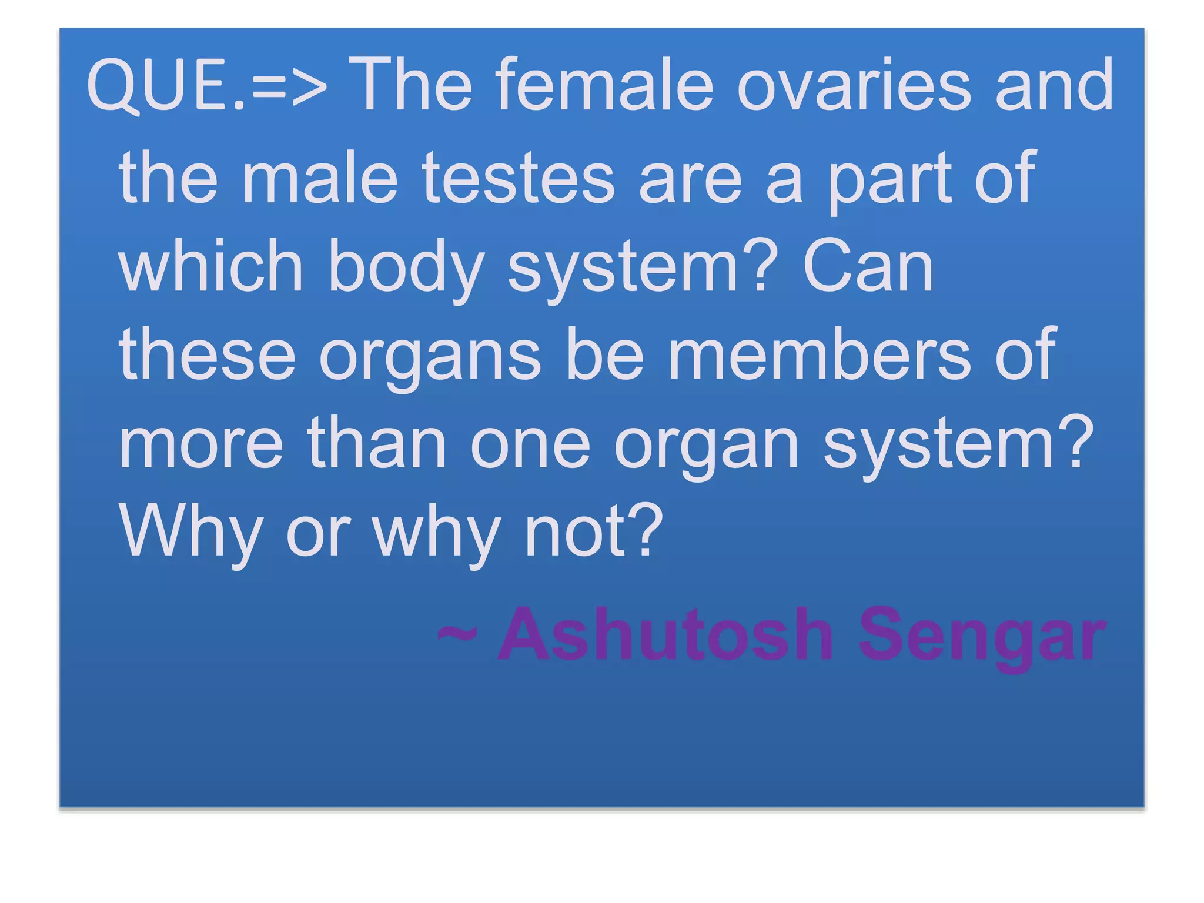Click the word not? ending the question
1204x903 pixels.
point(594,531)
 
